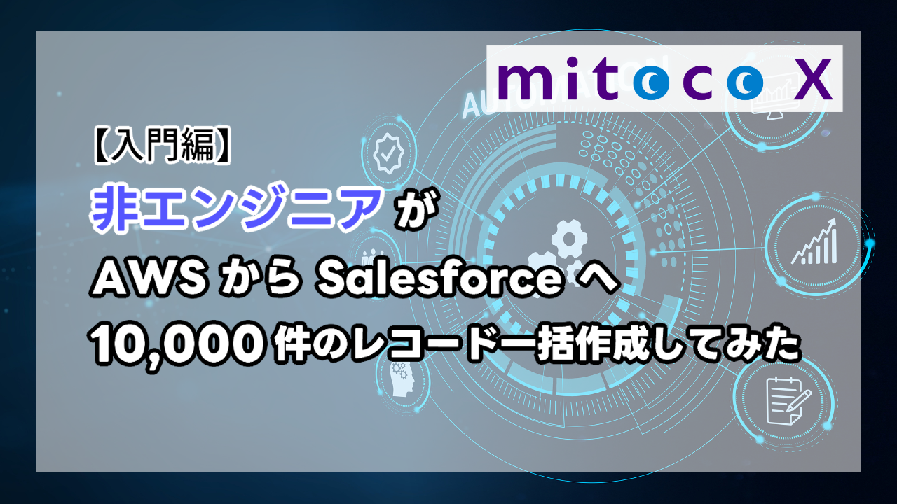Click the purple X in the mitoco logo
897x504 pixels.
tap(812, 79)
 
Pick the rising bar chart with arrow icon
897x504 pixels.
tap(815, 241)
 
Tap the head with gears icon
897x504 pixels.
tap(402, 379)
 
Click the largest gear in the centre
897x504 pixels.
tap(569, 239)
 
